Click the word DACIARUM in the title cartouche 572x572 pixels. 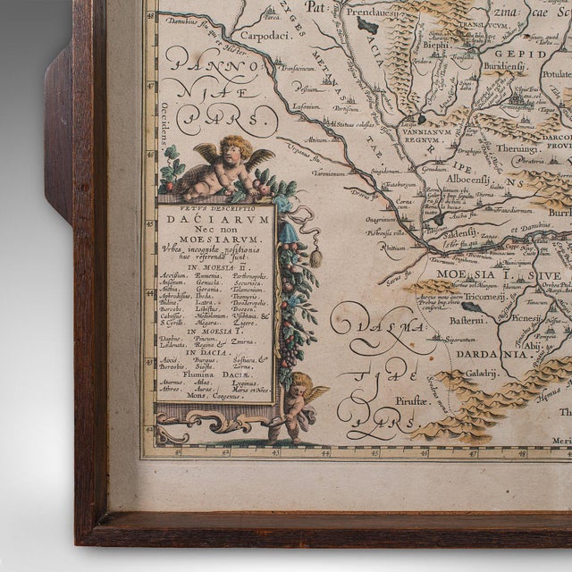[x=214, y=215]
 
